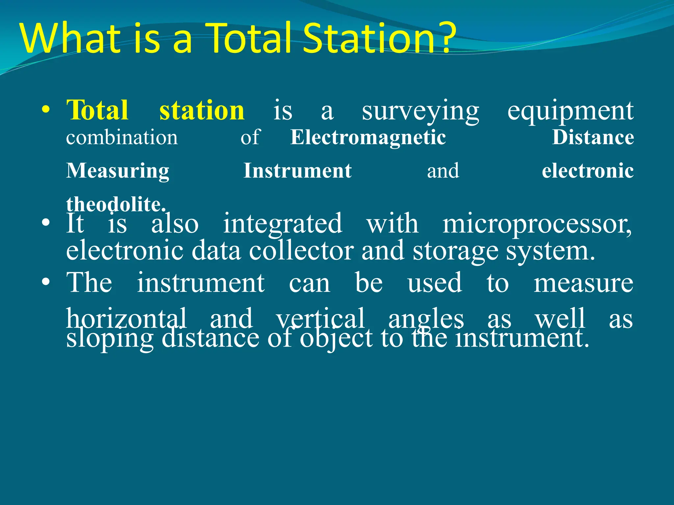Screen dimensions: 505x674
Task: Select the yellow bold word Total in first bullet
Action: click(x=97, y=110)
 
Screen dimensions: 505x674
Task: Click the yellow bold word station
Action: click(x=202, y=110)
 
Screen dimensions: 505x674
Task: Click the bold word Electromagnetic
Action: click(x=368, y=137)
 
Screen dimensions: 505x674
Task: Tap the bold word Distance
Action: click(x=593, y=137)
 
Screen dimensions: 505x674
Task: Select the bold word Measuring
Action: click(x=117, y=171)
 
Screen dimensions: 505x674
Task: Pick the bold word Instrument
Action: click(x=298, y=171)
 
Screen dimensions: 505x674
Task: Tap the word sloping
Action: click(x=110, y=339)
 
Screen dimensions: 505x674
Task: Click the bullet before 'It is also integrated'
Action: click(x=46, y=224)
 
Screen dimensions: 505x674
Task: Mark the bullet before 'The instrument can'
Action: click(x=46, y=282)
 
